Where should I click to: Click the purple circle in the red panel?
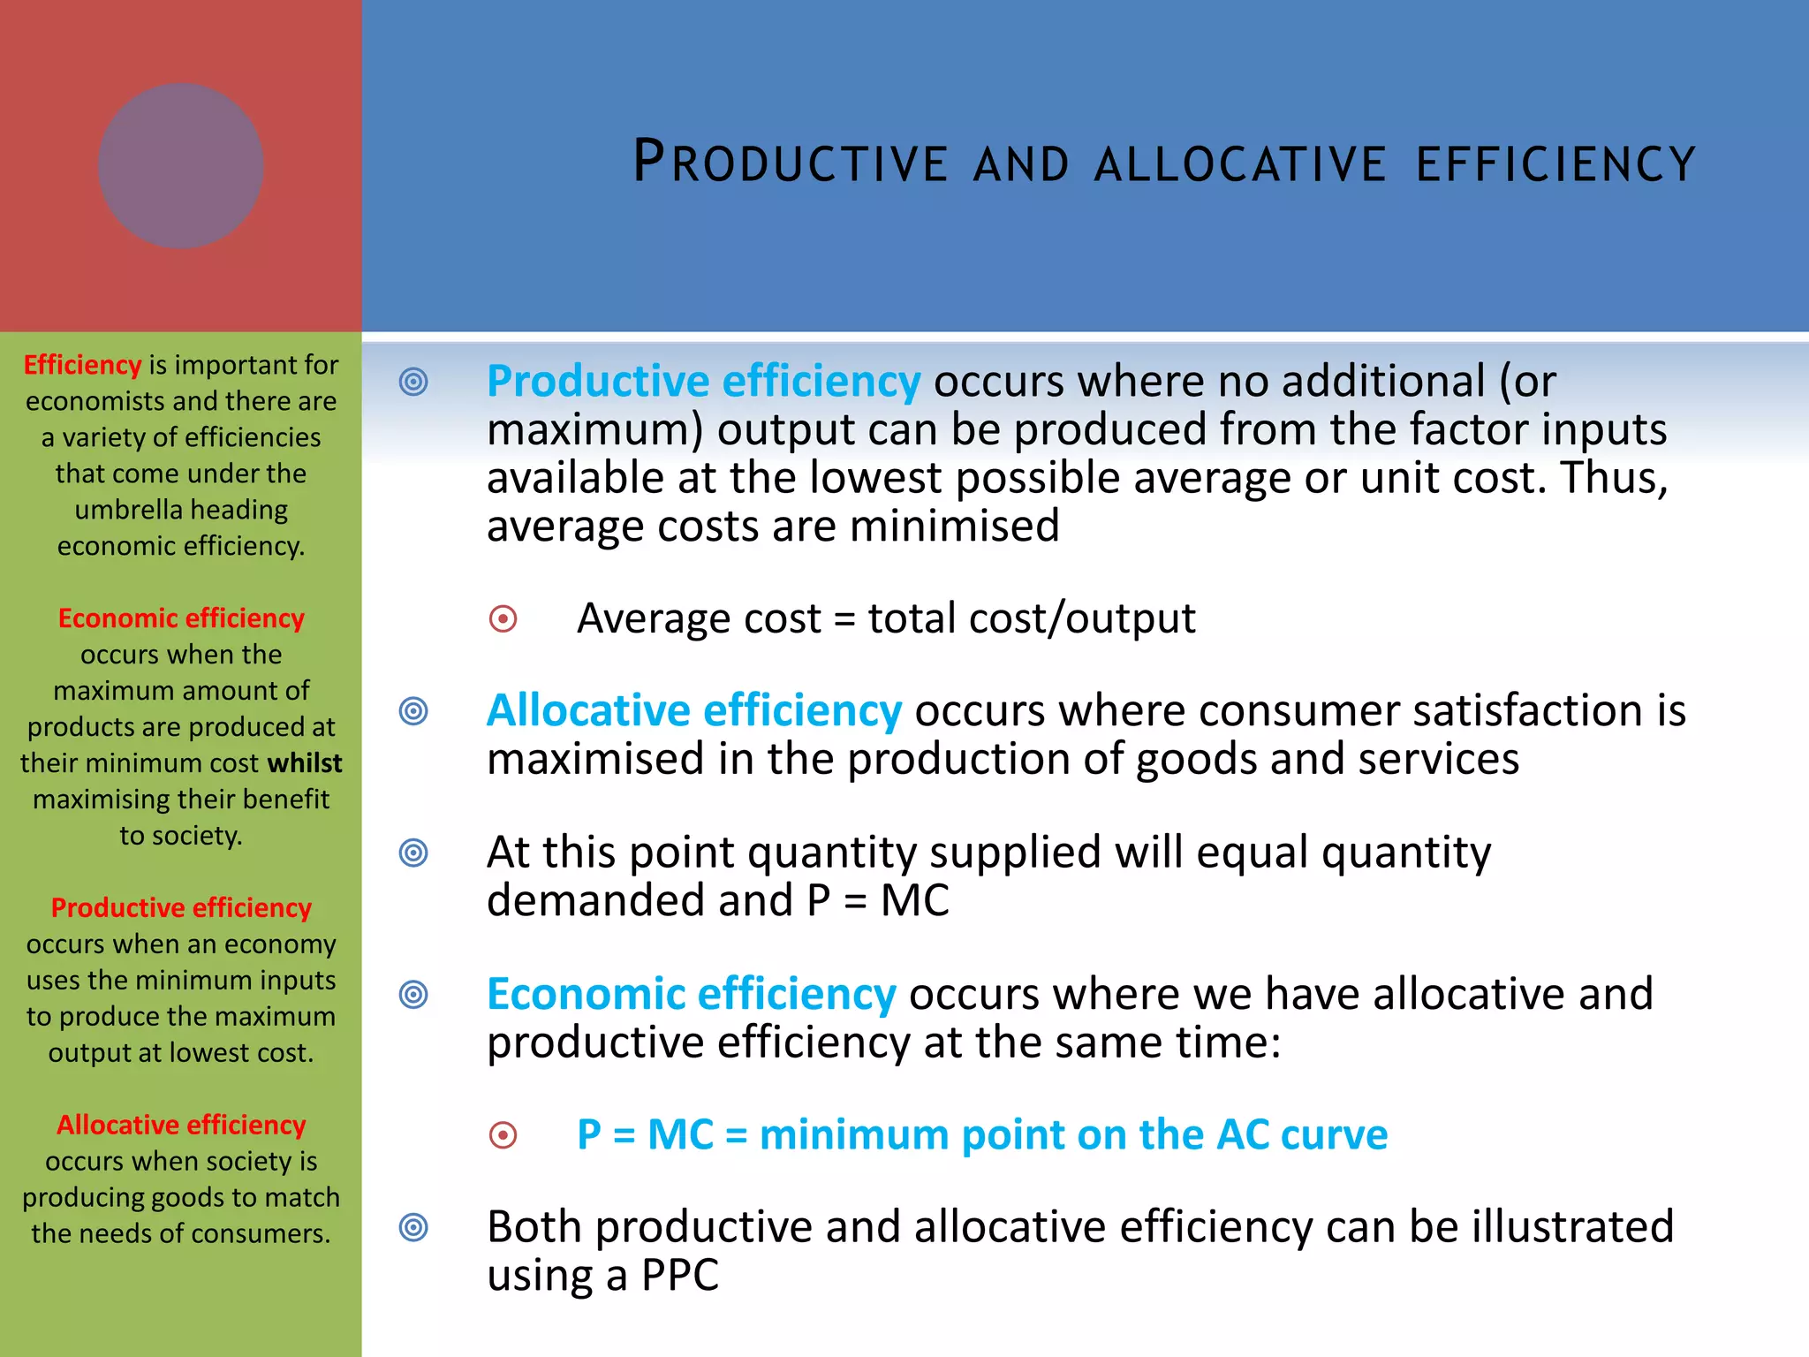tap(180, 165)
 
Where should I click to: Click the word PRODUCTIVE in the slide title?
tap(791, 162)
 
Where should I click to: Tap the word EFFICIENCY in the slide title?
tap(1555, 163)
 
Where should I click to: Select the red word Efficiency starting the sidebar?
tap(82, 365)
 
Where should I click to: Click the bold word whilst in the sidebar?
tap(305, 762)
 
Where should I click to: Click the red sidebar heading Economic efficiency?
tap(181, 618)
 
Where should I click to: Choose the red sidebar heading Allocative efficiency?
tap(181, 1125)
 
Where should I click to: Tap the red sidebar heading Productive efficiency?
tap(181, 907)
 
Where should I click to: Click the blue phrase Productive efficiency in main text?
tap(703, 381)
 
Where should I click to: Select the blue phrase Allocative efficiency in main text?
tap(694, 710)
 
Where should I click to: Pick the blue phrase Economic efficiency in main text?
tap(692, 994)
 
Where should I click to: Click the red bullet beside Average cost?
tap(503, 618)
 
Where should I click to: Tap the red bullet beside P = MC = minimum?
tap(503, 1134)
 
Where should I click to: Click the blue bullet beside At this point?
tap(413, 853)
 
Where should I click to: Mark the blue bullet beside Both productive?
tap(413, 1227)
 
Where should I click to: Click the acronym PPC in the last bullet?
tap(680, 1275)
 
